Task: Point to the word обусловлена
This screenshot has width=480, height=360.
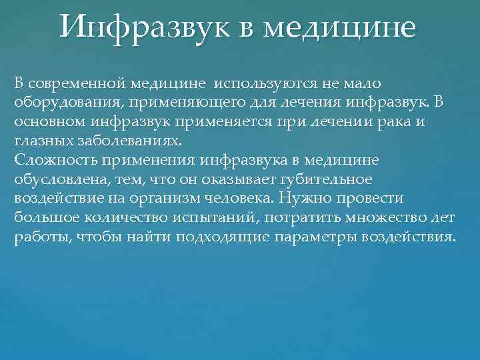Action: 53,180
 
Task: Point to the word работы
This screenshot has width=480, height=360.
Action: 34,238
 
